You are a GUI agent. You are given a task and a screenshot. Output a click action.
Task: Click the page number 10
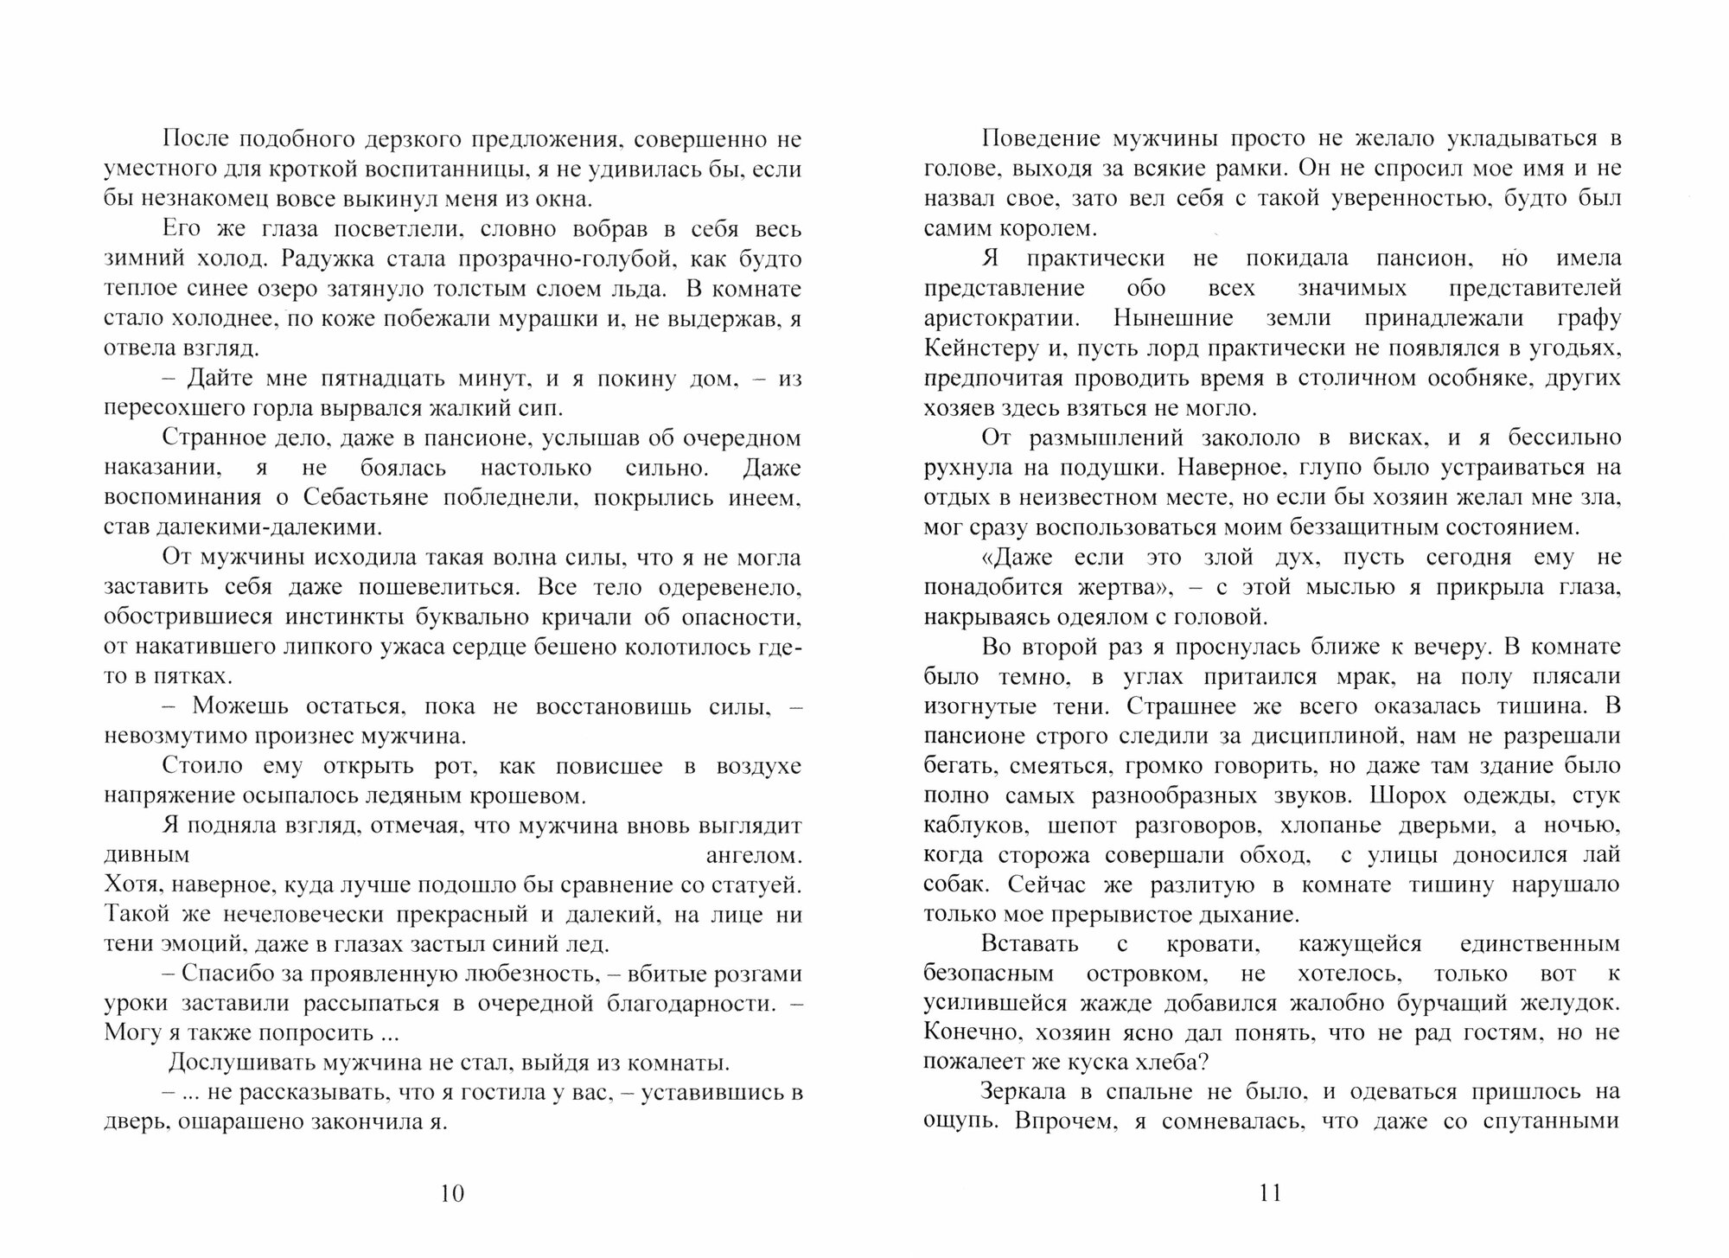click(x=452, y=1193)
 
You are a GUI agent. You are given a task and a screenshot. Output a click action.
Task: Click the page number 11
click(x=1270, y=1193)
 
